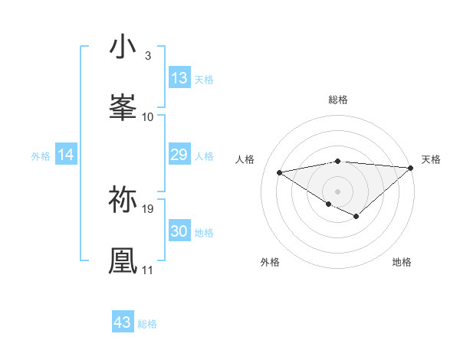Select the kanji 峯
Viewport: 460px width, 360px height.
(x=123, y=107)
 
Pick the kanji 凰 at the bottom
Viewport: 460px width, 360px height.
(x=123, y=260)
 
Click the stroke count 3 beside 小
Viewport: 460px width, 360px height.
(x=147, y=56)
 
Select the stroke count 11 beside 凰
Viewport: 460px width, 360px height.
(x=147, y=270)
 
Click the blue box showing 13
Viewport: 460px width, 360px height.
(x=179, y=78)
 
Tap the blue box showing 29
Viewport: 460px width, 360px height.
(x=179, y=155)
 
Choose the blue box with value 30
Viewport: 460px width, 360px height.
(x=179, y=231)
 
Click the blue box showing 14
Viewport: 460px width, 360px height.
(x=66, y=155)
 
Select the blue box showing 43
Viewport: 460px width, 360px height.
(x=123, y=322)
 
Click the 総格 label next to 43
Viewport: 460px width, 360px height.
(x=147, y=324)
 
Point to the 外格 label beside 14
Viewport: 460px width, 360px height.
(x=41, y=156)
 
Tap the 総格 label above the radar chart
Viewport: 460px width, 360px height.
(x=338, y=100)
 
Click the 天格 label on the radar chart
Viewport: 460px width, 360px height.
(x=431, y=159)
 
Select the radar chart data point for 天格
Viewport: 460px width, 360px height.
(x=411, y=167)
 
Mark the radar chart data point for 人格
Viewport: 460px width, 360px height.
(x=279, y=171)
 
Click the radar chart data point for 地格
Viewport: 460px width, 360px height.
(x=356, y=217)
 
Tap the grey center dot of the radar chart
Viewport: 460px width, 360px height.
(x=338, y=190)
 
